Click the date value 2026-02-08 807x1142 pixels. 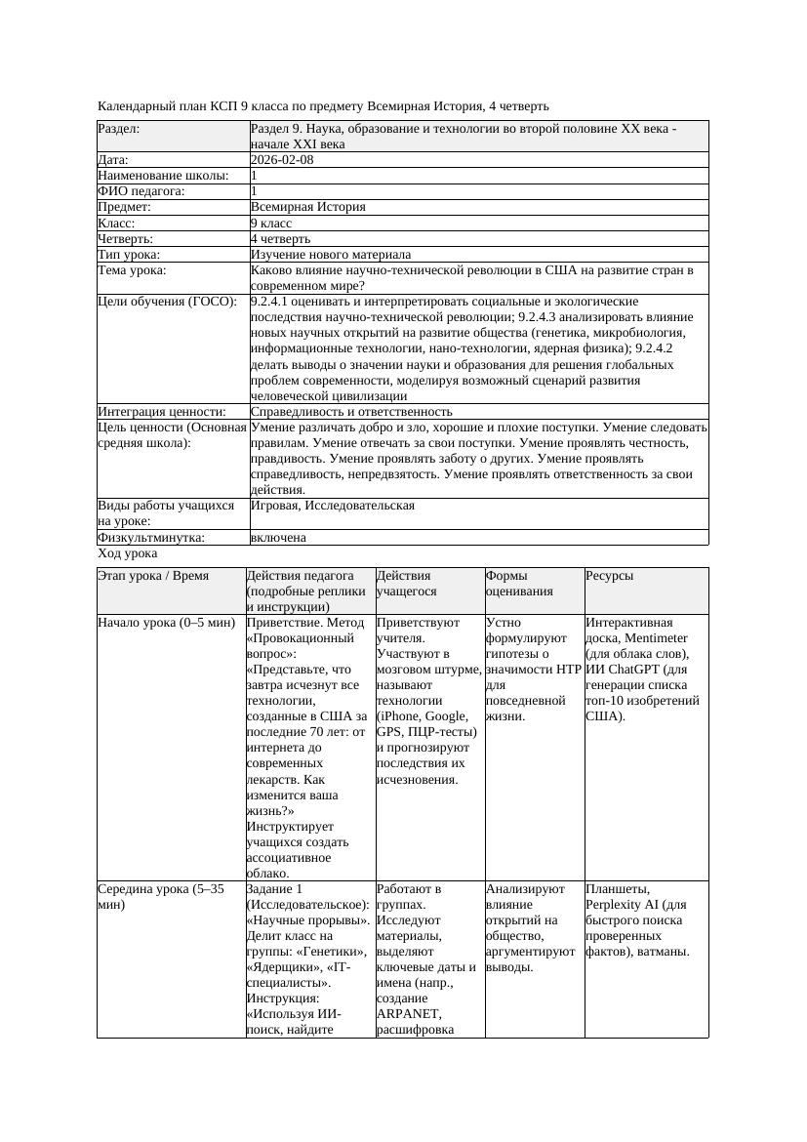[282, 160]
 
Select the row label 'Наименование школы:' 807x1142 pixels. [163, 176]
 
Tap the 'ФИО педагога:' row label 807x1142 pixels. [141, 191]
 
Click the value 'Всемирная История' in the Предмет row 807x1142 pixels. [308, 207]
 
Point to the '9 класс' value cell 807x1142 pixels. [271, 223]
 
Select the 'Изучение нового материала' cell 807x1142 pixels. [331, 254]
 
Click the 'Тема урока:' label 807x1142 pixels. [132, 269]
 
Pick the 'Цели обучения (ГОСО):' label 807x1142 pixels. [167, 302]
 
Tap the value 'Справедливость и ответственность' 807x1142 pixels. [351, 412]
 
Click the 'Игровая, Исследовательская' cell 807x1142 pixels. [333, 506]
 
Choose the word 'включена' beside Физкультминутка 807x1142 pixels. [278, 538]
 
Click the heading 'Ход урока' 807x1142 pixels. [128, 553]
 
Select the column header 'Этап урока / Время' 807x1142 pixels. [153, 576]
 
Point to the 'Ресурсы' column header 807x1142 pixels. [610, 576]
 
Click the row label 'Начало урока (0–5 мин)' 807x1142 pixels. [167, 622]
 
